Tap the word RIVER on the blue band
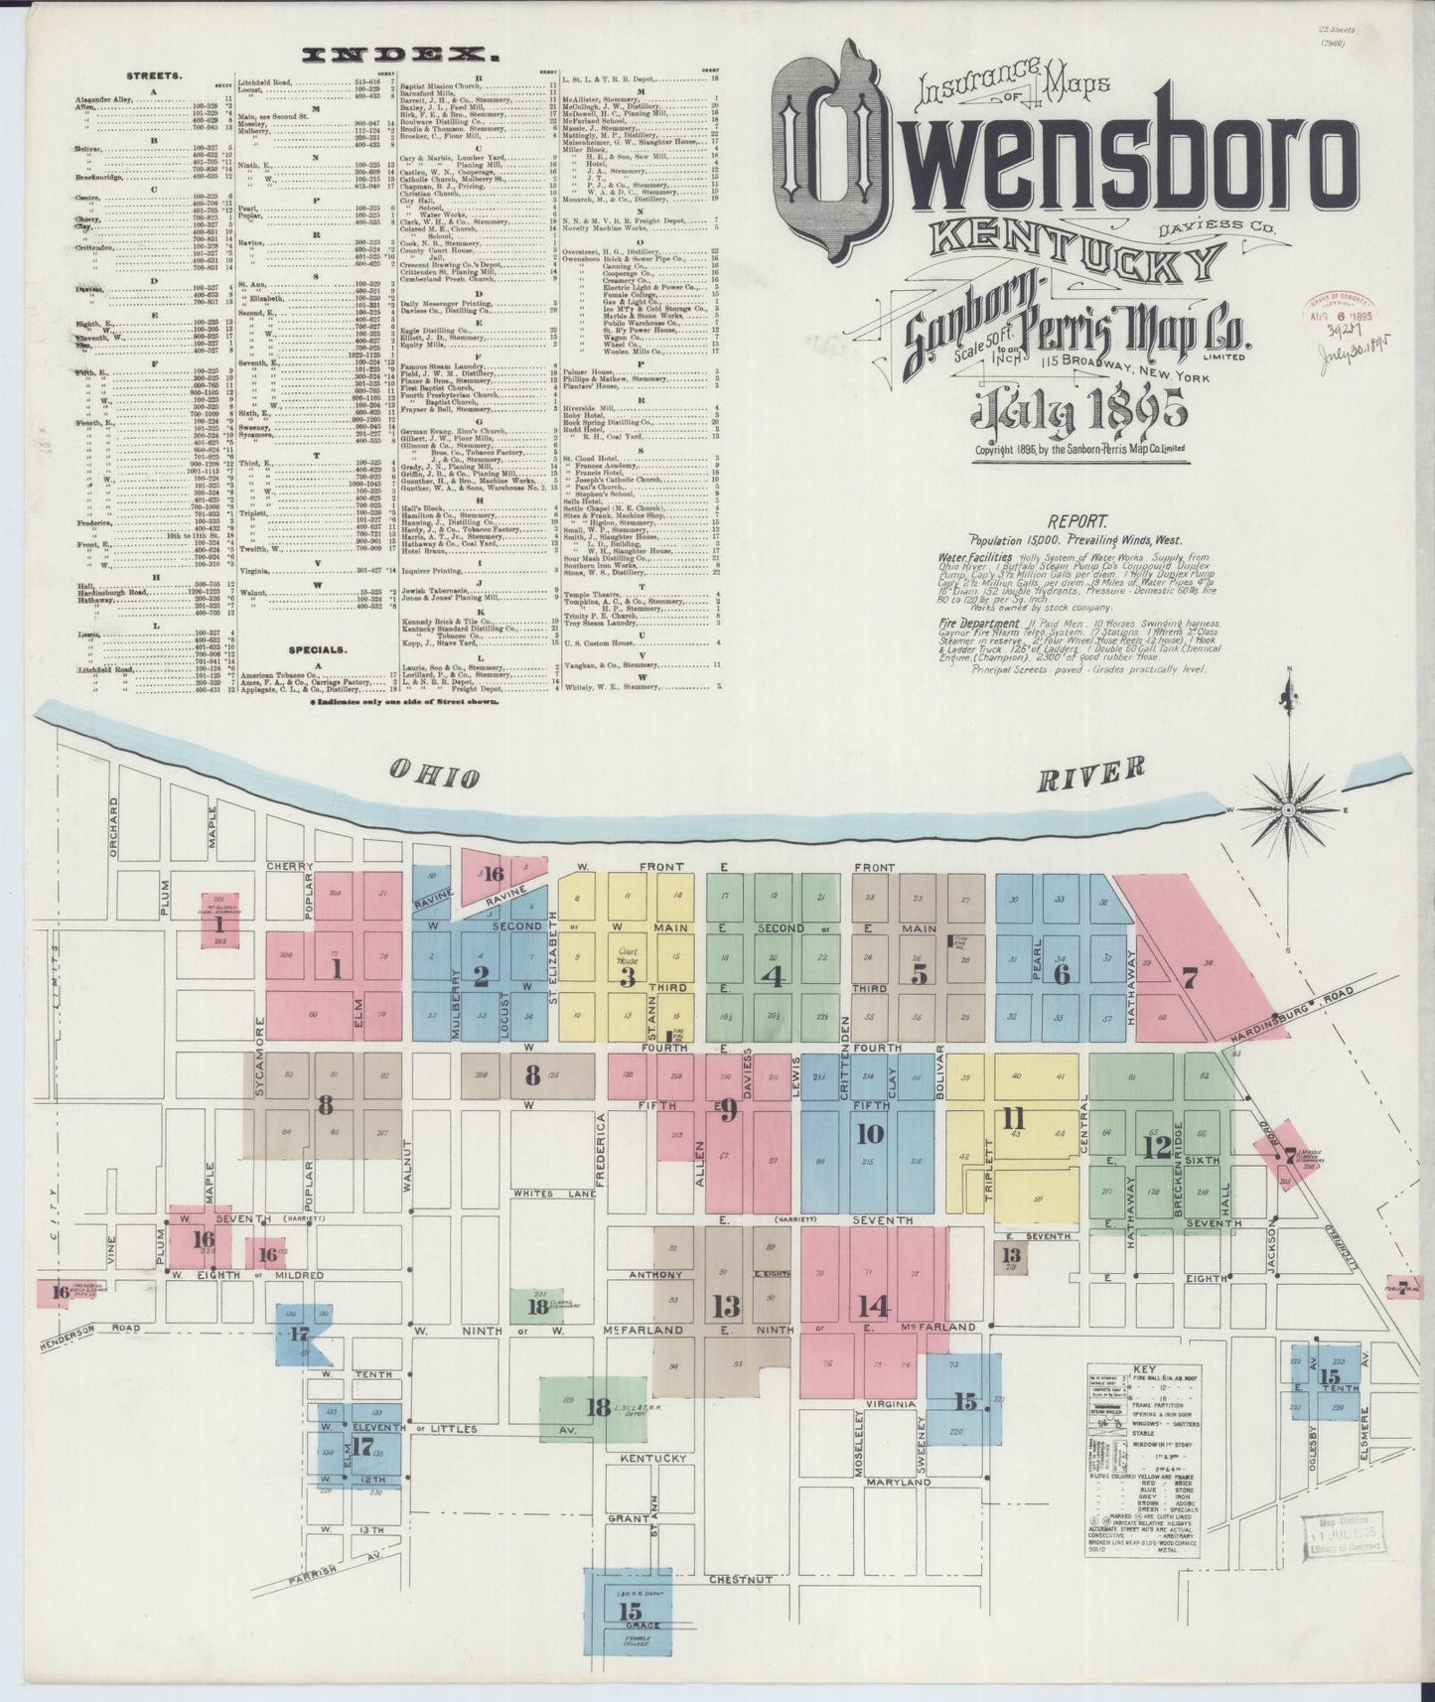[x=1091, y=773]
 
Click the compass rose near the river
[x=1288, y=809]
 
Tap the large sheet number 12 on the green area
[x=1155, y=1147]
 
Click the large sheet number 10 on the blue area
[x=868, y=1132]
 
